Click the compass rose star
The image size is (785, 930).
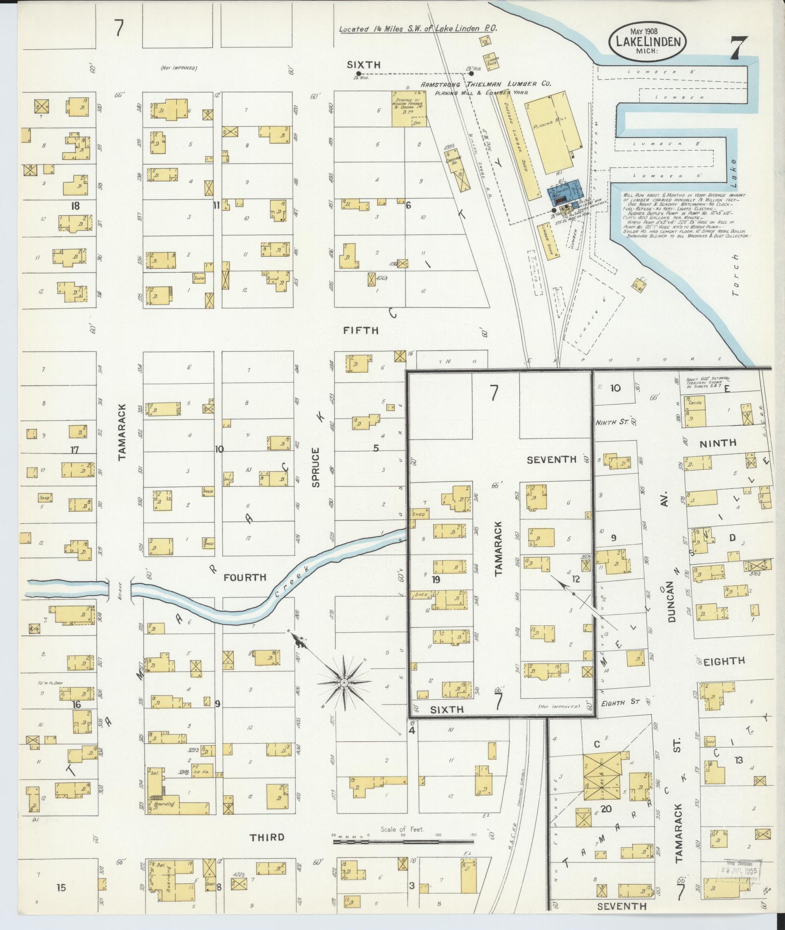coord(344,683)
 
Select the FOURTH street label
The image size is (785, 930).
coord(245,577)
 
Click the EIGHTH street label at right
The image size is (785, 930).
coord(724,661)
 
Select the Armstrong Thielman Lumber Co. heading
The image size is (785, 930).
coord(486,84)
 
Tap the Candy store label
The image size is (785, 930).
coord(695,402)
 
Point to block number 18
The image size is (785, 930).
coord(75,206)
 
